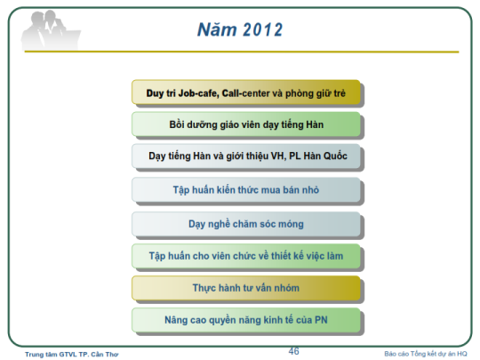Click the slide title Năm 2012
click(240, 29)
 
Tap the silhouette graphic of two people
click(50, 30)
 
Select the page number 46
click(293, 351)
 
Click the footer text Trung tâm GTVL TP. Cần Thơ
click(72, 355)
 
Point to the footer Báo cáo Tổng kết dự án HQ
click(426, 354)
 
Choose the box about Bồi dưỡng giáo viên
click(246, 124)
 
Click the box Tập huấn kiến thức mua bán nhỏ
click(246, 190)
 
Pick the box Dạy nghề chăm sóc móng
click(246, 224)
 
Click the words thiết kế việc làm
click(307, 256)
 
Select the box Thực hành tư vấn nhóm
click(246, 288)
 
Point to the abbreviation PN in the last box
click(321, 320)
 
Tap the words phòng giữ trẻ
click(316, 93)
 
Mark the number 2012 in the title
click(263, 30)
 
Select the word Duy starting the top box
click(155, 93)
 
